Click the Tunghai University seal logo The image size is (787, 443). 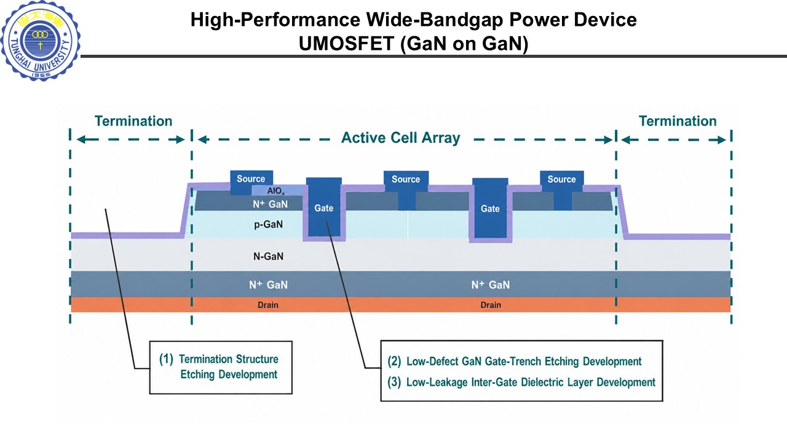tap(41, 41)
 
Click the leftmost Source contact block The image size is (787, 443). tap(251, 183)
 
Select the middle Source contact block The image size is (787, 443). tap(406, 190)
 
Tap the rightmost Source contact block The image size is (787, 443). tap(562, 190)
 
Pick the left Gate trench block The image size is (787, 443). tap(324, 207)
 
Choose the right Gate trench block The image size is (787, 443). tap(490, 208)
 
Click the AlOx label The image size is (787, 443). tap(276, 191)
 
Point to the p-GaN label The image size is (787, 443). tap(269, 225)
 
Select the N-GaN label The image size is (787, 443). tap(269, 257)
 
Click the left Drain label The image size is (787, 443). tap(268, 305)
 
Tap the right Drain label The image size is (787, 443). tap(491, 305)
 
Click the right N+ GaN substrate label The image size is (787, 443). tap(491, 284)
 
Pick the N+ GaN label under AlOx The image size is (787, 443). tap(270, 204)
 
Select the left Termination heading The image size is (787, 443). tap(133, 121)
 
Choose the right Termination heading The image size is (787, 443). tap(678, 121)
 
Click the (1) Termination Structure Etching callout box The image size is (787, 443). tap(221, 367)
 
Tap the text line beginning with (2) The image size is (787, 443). tap(515, 361)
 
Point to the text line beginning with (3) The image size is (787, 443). tap(521, 382)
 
